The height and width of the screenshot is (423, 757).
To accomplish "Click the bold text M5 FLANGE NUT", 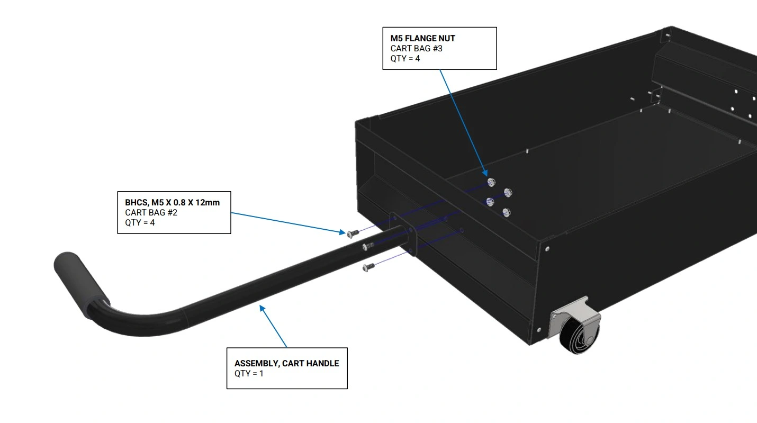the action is pyautogui.click(x=423, y=38).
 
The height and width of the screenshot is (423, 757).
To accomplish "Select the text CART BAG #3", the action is pyautogui.click(x=416, y=48).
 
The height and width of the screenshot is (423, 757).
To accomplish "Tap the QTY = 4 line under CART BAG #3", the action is pyautogui.click(x=405, y=58).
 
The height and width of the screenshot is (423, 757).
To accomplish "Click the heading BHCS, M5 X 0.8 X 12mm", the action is pyautogui.click(x=173, y=202).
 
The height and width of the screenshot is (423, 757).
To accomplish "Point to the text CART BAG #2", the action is pyautogui.click(x=151, y=212).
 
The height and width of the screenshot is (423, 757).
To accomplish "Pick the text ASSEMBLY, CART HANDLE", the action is pyautogui.click(x=286, y=363).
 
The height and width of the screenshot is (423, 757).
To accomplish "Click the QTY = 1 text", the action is pyautogui.click(x=249, y=373).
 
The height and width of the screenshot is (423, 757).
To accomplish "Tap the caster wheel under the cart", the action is pyautogui.click(x=579, y=335).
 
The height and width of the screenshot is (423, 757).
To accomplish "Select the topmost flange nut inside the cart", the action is pyautogui.click(x=491, y=183).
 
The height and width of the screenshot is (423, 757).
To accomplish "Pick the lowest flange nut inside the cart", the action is pyautogui.click(x=506, y=212).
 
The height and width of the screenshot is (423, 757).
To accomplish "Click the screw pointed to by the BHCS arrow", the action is pyautogui.click(x=353, y=233).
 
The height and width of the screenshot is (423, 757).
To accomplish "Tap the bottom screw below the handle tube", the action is pyautogui.click(x=368, y=267).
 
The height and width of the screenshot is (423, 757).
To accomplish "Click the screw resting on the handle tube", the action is pyautogui.click(x=368, y=246).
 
